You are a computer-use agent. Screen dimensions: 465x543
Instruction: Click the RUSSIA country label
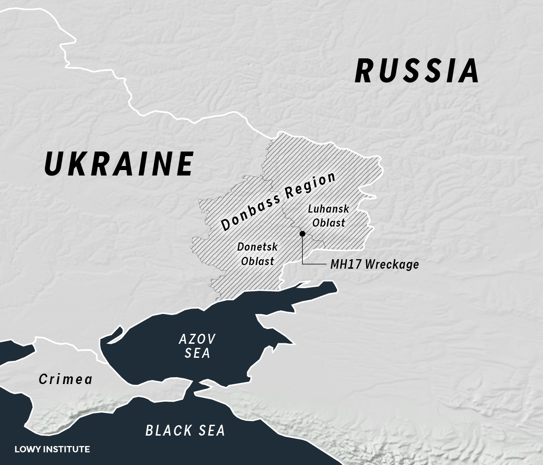pos(417,71)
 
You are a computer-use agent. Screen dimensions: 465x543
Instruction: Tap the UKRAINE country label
pos(119,164)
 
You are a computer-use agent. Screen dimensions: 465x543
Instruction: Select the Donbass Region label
pos(278,201)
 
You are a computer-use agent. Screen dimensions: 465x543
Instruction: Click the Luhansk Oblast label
pos(329,216)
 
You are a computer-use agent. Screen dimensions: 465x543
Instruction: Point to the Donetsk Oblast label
pos(257,254)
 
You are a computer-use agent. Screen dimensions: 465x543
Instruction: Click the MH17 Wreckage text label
pos(374,264)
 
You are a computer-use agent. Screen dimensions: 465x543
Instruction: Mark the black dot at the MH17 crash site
pos(302,233)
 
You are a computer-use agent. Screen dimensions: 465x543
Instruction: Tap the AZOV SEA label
pos(197,346)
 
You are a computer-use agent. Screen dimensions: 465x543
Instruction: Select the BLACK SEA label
pos(185,430)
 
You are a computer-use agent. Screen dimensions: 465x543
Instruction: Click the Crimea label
pos(66,379)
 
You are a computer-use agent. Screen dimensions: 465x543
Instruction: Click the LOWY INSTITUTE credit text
pos(52,449)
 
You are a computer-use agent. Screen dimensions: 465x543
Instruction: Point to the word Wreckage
pos(391,264)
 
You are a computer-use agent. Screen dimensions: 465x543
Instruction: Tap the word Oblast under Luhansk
pos(329,223)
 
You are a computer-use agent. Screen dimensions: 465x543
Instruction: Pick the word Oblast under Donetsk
pos(257,261)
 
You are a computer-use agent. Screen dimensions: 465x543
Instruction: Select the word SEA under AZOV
pos(197,353)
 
